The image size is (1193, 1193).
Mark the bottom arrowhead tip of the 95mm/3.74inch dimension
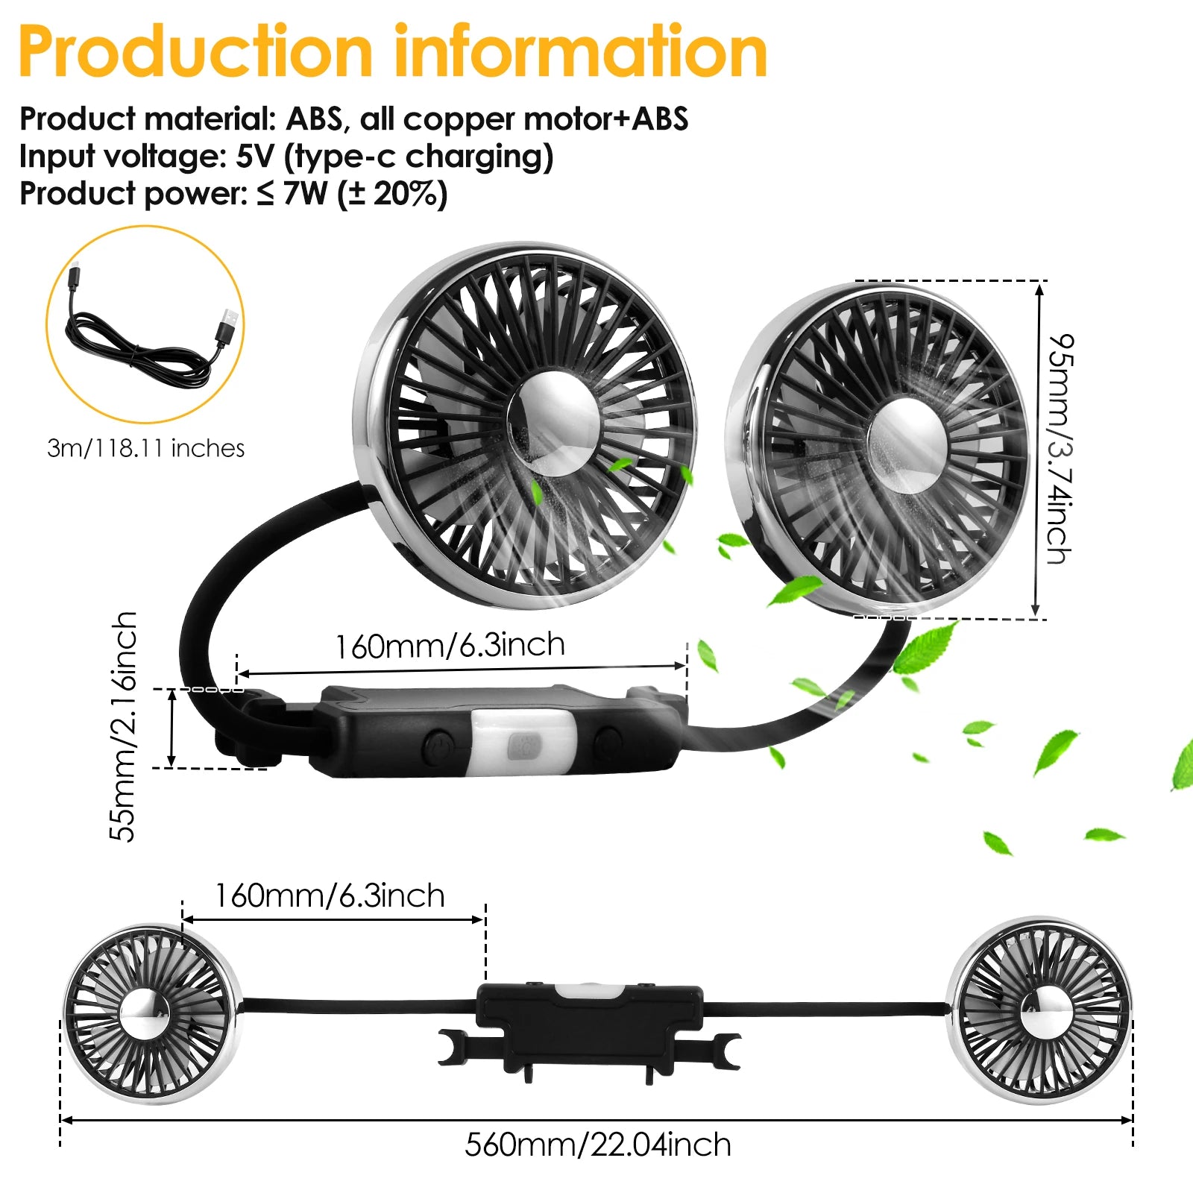point(1036,616)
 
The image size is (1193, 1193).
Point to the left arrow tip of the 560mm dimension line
point(61,1119)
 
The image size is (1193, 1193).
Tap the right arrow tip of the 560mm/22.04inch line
point(1132,1119)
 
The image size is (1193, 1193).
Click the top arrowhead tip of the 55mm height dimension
point(172,690)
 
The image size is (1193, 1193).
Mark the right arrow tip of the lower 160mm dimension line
point(485,919)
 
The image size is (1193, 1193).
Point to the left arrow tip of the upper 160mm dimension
point(238,675)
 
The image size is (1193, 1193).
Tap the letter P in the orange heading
point(40,51)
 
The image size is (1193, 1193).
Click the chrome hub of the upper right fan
point(907,445)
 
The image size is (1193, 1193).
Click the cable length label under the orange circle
point(145,448)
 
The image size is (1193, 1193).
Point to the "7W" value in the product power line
point(306,194)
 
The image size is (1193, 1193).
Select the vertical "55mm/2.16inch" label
point(123,726)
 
